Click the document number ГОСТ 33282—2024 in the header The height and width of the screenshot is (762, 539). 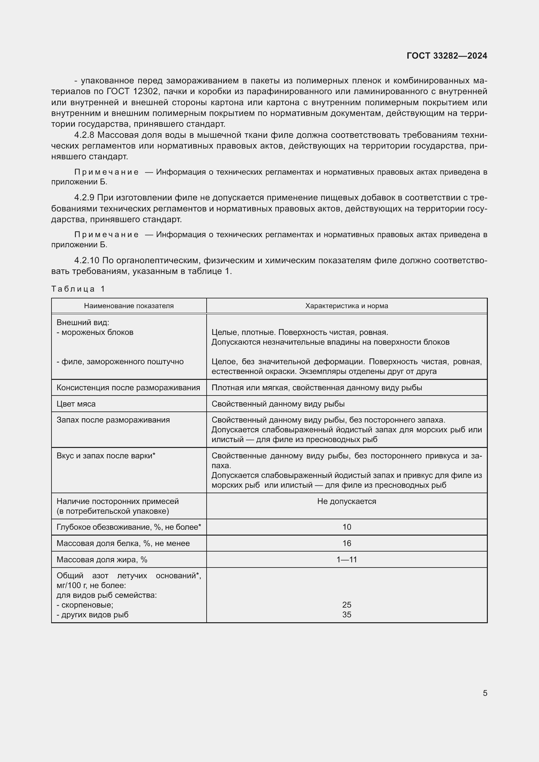point(447,56)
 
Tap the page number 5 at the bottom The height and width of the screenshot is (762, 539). point(485,693)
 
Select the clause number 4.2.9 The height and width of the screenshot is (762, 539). point(84,198)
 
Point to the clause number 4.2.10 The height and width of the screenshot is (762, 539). point(87,261)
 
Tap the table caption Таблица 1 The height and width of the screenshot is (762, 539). point(78,289)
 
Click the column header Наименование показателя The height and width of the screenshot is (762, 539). point(129,306)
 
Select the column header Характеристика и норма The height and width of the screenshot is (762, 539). point(346,306)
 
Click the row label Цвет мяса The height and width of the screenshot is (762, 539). point(76,404)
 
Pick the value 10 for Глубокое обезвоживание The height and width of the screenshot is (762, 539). point(346,527)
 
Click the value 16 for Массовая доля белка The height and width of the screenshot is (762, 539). point(346,543)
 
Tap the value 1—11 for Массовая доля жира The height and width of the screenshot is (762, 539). point(346,560)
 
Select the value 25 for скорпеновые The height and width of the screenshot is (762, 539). point(346,605)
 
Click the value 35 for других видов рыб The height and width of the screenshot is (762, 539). point(346,615)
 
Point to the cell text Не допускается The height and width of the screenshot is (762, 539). point(346,501)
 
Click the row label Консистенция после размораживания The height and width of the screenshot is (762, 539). point(128,388)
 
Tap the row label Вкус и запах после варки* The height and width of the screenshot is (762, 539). point(106,456)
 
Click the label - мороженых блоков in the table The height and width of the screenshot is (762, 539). point(95,332)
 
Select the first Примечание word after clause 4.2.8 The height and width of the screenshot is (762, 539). point(106,172)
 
